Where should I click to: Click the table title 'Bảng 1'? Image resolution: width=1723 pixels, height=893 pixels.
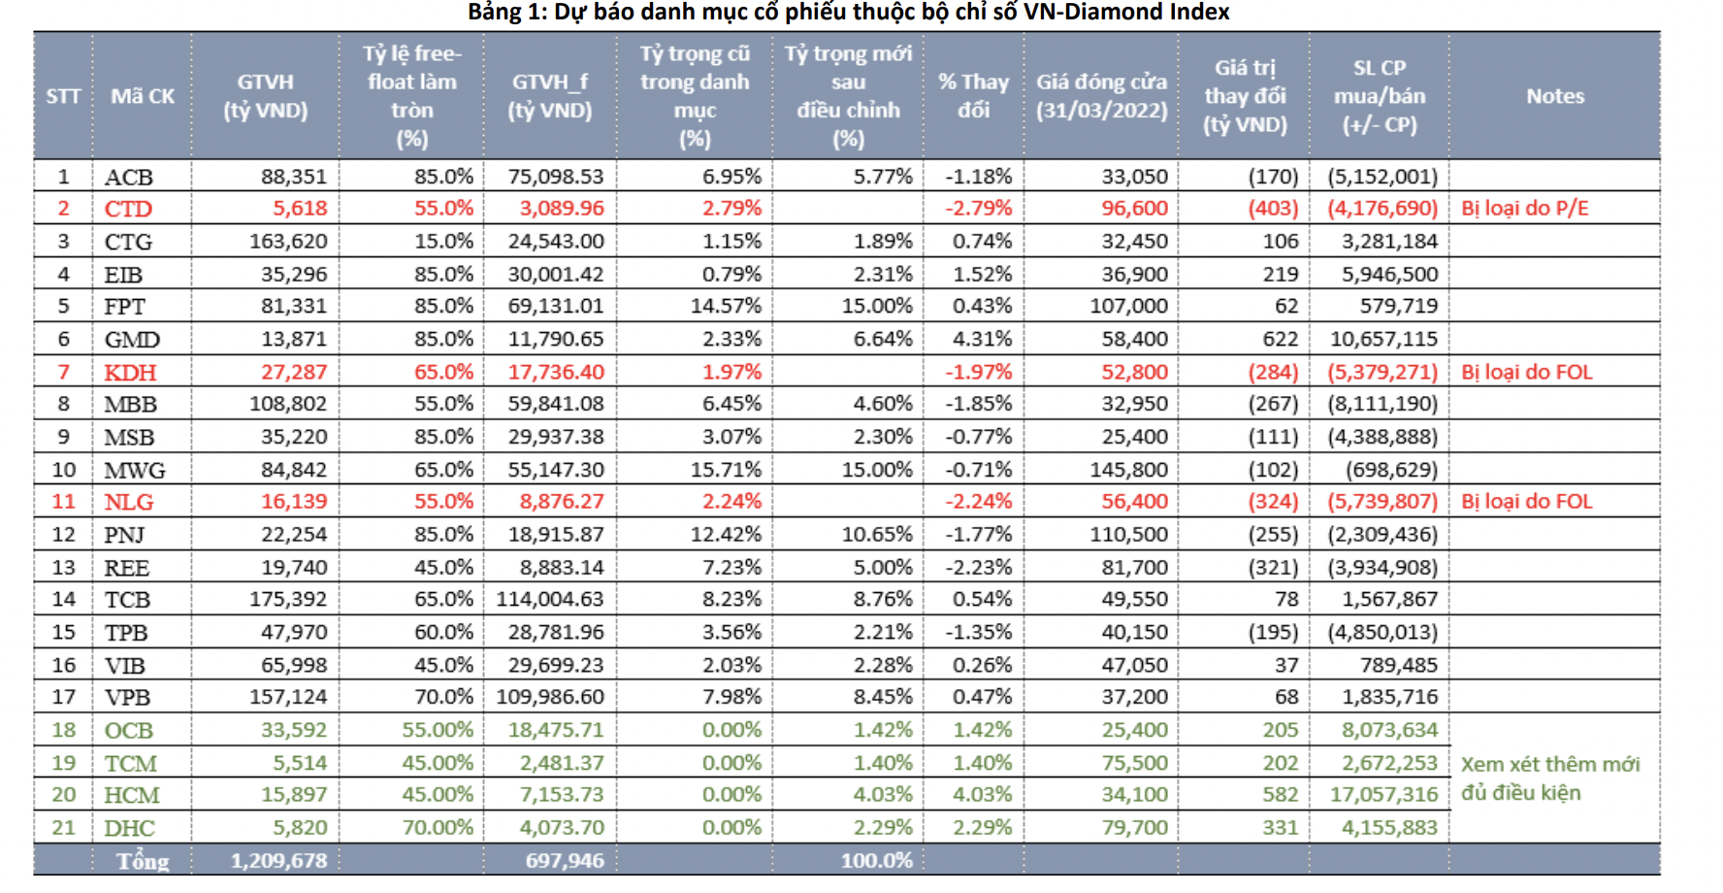click(x=848, y=13)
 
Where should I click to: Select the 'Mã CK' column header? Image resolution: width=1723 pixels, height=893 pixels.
click(x=143, y=96)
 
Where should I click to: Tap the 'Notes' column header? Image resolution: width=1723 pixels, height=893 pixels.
click(x=1554, y=96)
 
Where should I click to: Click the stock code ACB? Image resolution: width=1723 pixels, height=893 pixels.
click(x=129, y=177)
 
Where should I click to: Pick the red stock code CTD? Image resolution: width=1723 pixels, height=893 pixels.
click(x=128, y=209)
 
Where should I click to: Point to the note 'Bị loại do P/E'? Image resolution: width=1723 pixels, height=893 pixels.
click(x=1524, y=209)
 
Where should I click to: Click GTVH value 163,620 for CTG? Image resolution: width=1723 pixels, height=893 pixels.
click(x=288, y=241)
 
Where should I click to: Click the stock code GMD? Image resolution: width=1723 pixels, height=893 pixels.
click(x=132, y=340)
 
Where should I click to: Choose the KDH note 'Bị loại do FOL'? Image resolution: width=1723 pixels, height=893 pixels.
click(x=1526, y=372)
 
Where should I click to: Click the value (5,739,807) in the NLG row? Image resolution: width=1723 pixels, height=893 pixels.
click(x=1382, y=502)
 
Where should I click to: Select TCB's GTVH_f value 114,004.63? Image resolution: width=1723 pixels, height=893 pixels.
click(x=550, y=600)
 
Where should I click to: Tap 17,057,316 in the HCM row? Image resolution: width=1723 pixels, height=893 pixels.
click(x=1383, y=795)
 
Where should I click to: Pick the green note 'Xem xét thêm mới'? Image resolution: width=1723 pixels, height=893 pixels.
click(x=1549, y=765)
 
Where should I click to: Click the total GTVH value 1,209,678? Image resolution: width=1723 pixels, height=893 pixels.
click(x=278, y=861)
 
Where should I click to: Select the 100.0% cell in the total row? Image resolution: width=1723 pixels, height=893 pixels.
click(x=876, y=861)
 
